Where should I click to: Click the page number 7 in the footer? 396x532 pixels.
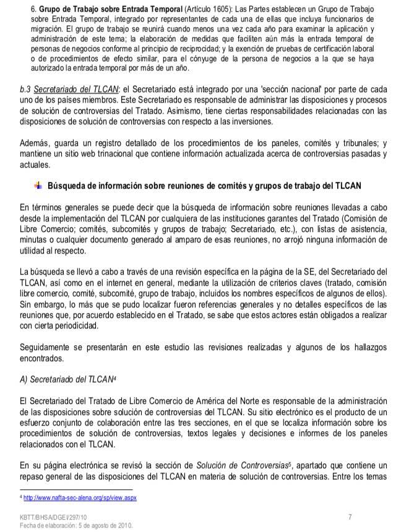click(x=350, y=516)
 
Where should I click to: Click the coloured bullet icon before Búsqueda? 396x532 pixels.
click(x=38, y=186)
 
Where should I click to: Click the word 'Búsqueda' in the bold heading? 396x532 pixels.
click(x=67, y=186)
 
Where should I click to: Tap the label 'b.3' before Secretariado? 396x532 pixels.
click(x=25, y=90)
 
